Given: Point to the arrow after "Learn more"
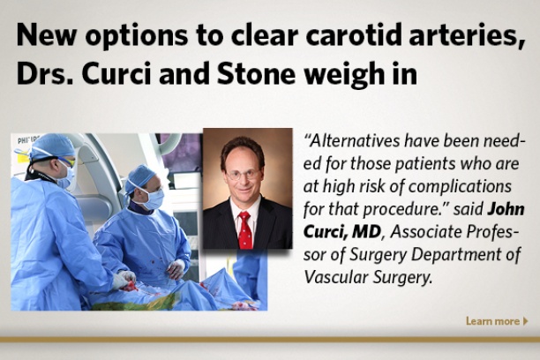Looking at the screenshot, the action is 526,321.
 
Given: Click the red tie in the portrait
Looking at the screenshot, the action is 245,230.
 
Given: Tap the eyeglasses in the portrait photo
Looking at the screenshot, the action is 244,175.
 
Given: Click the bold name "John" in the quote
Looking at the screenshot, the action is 506,209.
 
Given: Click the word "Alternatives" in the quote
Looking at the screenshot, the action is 355,141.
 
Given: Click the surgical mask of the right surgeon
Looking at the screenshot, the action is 153,199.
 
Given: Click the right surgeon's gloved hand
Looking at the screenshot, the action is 176,269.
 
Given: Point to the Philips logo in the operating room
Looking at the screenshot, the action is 28,139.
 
